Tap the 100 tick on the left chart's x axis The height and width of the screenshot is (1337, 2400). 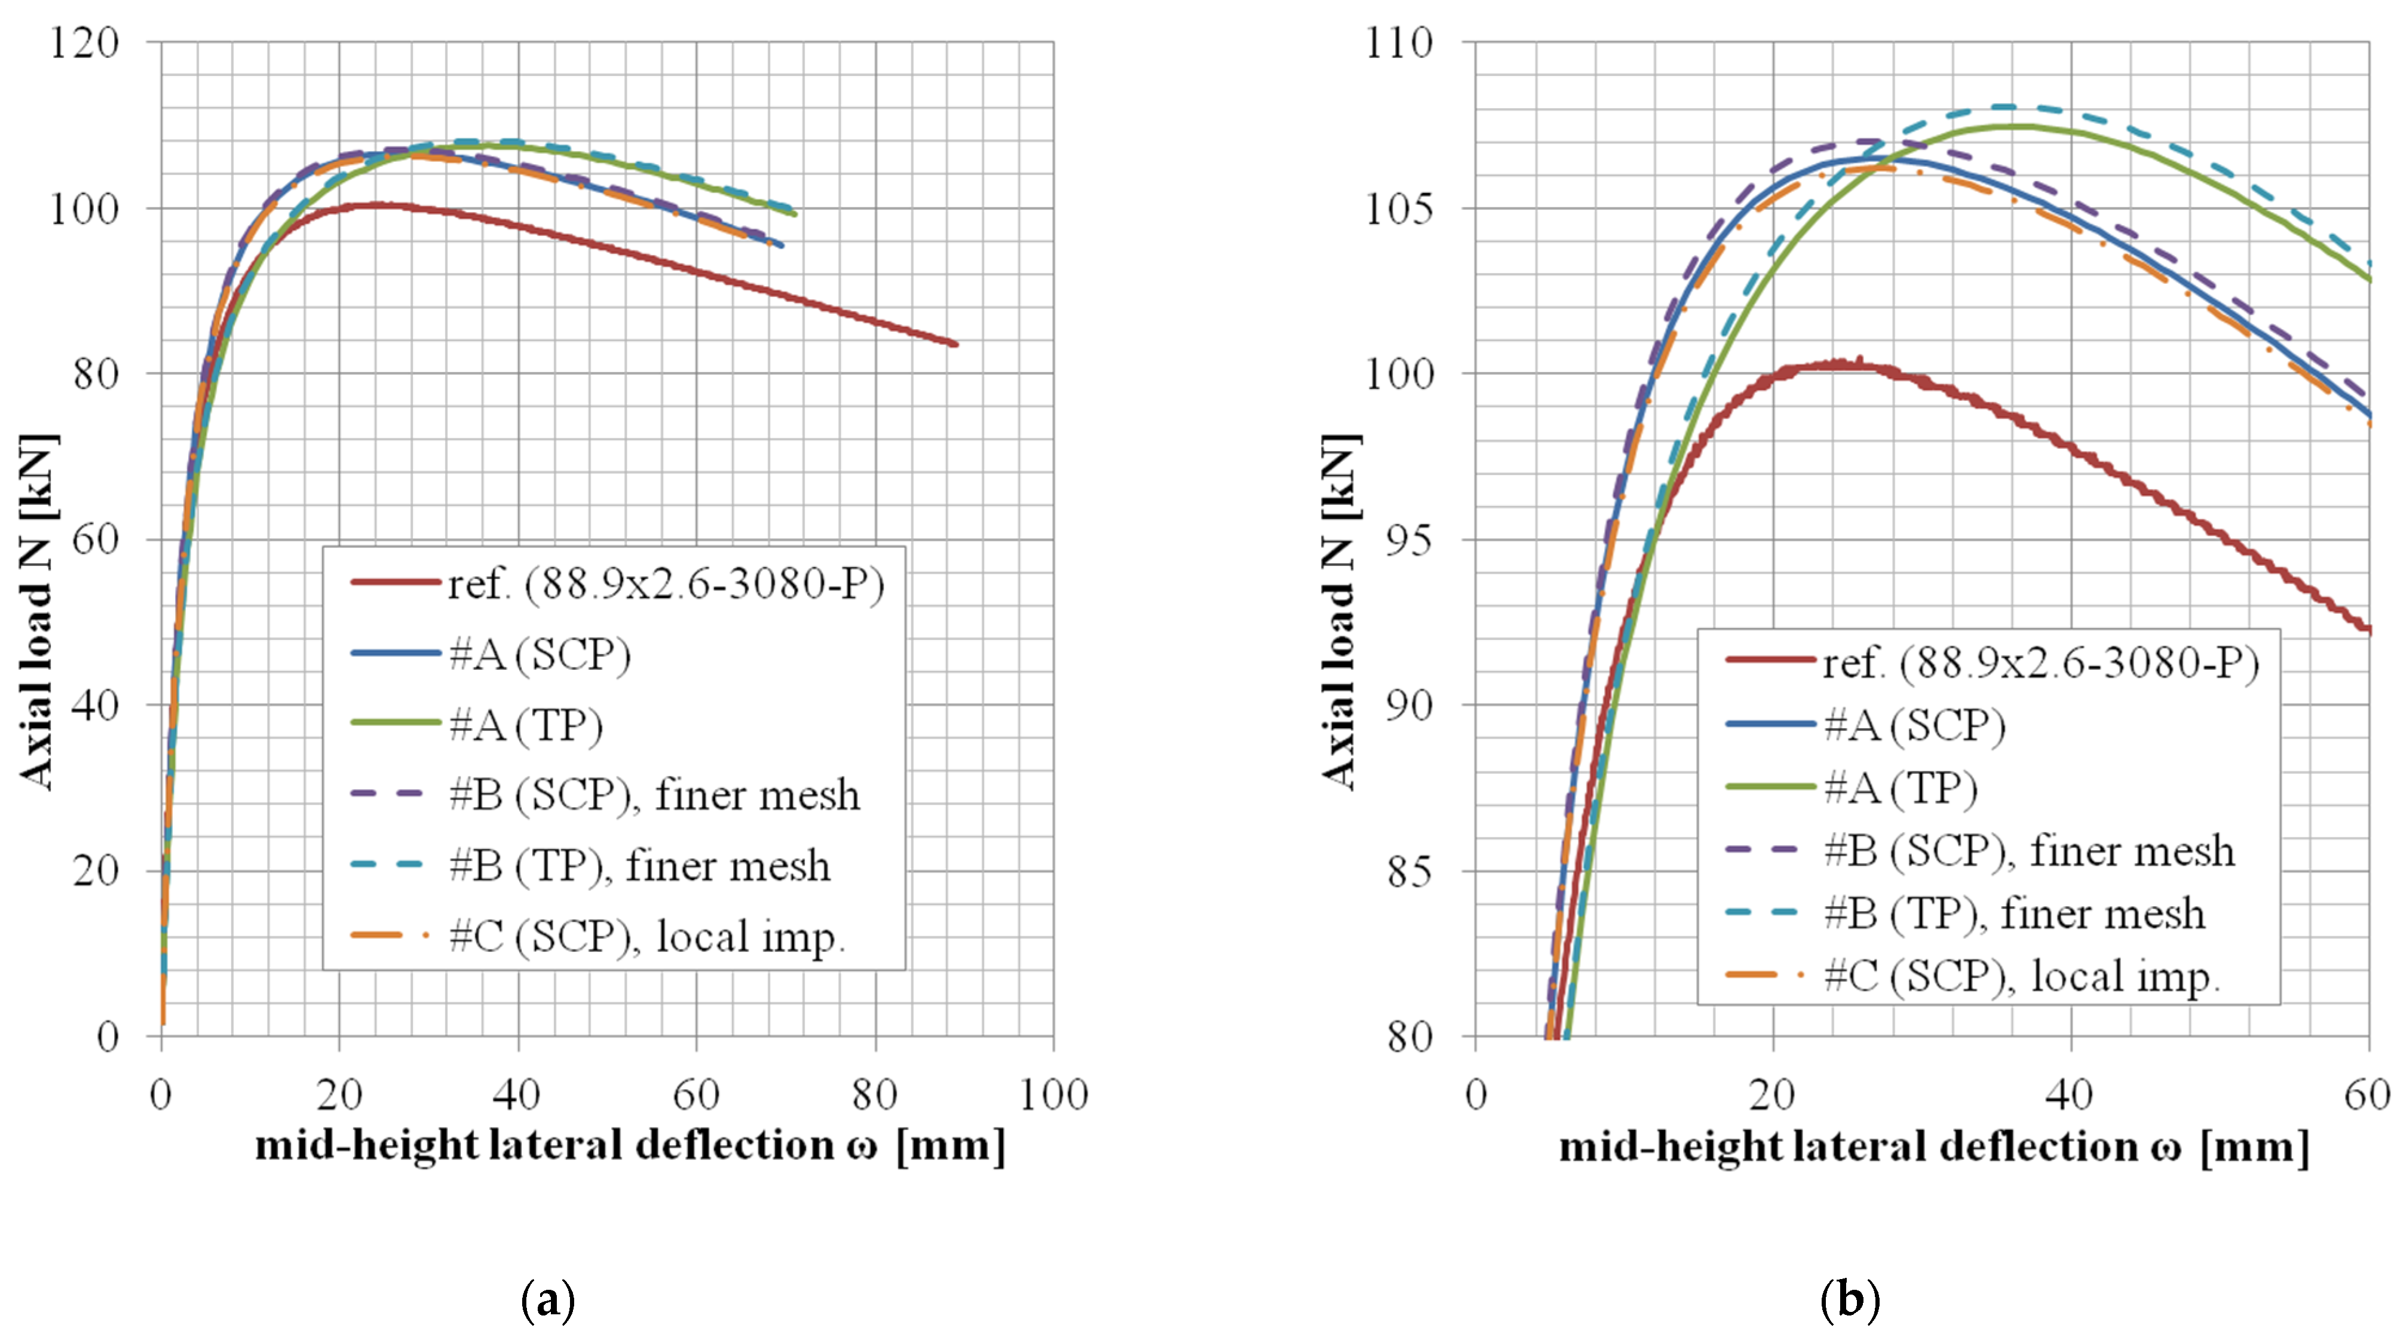pyautogui.click(x=1053, y=1095)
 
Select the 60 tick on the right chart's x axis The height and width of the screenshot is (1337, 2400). pyautogui.click(x=2367, y=1095)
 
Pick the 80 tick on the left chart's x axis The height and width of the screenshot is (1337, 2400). pyautogui.click(x=874, y=1095)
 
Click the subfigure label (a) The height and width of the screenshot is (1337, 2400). pyautogui.click(x=548, y=1300)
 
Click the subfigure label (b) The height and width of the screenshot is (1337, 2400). pyautogui.click(x=1849, y=1300)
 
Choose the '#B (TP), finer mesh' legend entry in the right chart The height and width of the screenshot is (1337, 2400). pyautogui.click(x=2012, y=913)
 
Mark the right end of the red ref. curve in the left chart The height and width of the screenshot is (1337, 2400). pyautogui.click(x=955, y=344)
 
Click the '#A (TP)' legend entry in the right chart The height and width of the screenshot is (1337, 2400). pyautogui.click(x=1901, y=788)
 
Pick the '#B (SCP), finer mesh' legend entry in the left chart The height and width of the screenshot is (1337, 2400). pyautogui.click(x=653, y=795)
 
